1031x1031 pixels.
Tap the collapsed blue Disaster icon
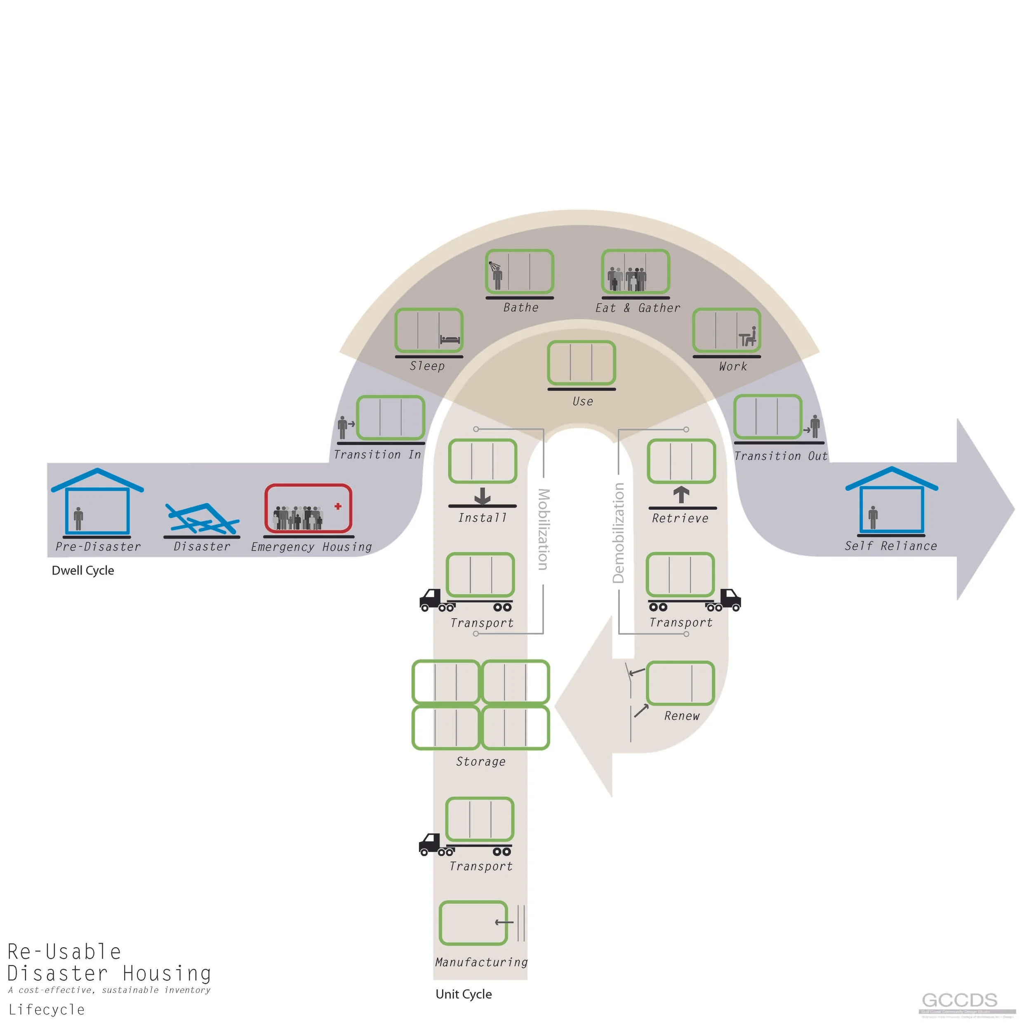click(x=202, y=518)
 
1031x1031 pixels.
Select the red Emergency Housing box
click(x=308, y=508)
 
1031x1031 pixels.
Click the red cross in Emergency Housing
click(x=338, y=506)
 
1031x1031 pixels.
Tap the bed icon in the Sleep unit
click(x=450, y=339)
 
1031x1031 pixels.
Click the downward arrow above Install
click(x=483, y=496)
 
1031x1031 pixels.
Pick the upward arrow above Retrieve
click(x=681, y=495)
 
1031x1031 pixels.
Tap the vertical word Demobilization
click(x=619, y=532)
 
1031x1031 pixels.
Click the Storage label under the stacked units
click(x=481, y=762)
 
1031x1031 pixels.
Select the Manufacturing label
click(x=481, y=962)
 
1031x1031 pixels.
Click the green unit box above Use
click(x=581, y=363)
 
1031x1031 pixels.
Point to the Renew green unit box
click(x=680, y=683)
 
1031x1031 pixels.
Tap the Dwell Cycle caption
click(x=83, y=570)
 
